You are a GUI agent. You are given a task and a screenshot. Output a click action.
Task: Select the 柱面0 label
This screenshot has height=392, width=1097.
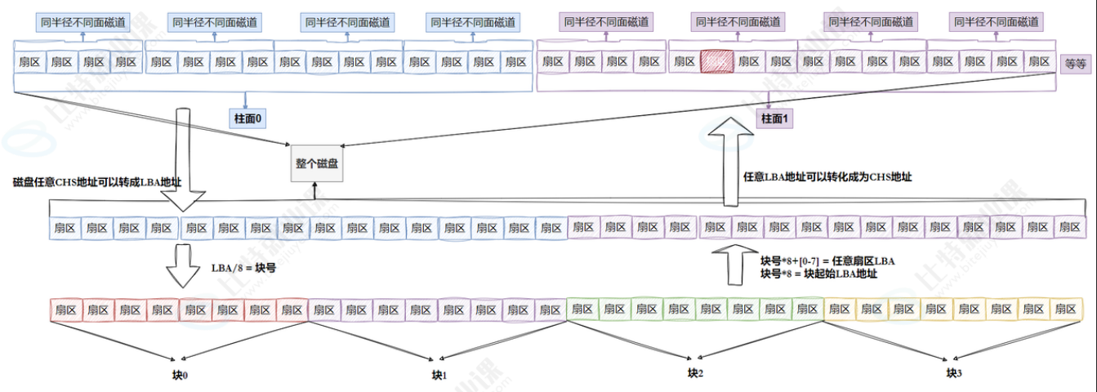point(248,118)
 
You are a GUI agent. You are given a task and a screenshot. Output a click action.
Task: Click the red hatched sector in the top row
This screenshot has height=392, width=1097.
point(716,61)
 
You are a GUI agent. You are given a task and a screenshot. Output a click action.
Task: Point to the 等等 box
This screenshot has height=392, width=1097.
point(1075,63)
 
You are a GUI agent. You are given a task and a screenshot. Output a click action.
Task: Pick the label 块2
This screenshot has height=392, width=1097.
point(694,373)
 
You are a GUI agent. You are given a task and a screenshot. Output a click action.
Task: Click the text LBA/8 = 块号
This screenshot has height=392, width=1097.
point(243,268)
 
